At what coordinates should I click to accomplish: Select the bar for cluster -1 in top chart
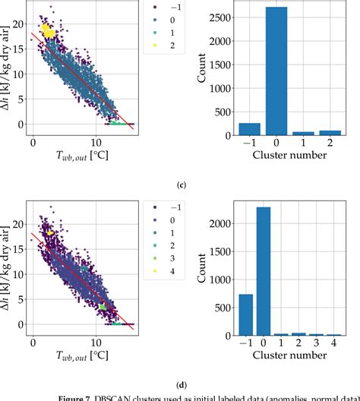point(249,129)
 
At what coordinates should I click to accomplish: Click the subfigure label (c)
point(180,185)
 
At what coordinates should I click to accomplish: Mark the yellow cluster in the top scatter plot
point(47,31)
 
